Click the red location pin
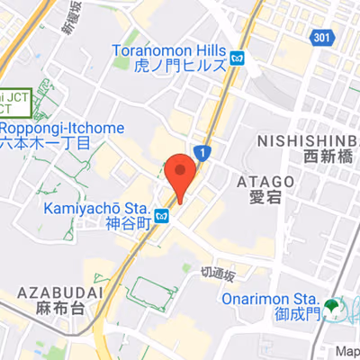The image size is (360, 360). pyautogui.click(x=181, y=175)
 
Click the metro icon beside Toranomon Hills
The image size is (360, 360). pyautogui.click(x=237, y=58)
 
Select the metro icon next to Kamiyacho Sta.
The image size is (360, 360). pyautogui.click(x=161, y=216)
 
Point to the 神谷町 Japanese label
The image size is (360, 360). pyautogui.click(x=125, y=224)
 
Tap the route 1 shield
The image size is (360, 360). pyautogui.click(x=204, y=154)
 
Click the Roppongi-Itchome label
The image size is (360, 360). pyautogui.click(x=62, y=128)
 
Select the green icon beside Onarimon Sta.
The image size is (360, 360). pyautogui.click(x=334, y=307)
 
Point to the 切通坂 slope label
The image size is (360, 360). pyautogui.click(x=218, y=274)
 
